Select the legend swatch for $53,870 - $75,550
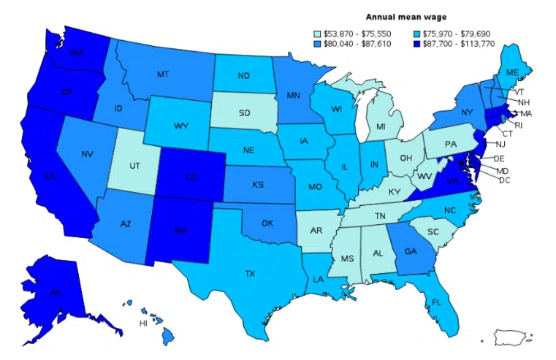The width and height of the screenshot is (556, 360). coord(316,33)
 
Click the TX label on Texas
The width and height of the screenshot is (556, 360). coord(250,273)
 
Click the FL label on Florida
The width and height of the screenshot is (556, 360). coord(437,301)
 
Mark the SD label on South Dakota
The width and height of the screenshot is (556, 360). coord(244,113)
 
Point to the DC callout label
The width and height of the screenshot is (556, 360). coord(504,180)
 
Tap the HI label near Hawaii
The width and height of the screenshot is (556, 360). coord(144,323)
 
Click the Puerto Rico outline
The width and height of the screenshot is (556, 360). coord(515,337)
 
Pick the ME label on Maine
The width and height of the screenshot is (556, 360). coord(512,72)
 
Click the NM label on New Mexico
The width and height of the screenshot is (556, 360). coord(178,231)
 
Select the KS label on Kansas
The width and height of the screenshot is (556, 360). coord(258,185)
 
